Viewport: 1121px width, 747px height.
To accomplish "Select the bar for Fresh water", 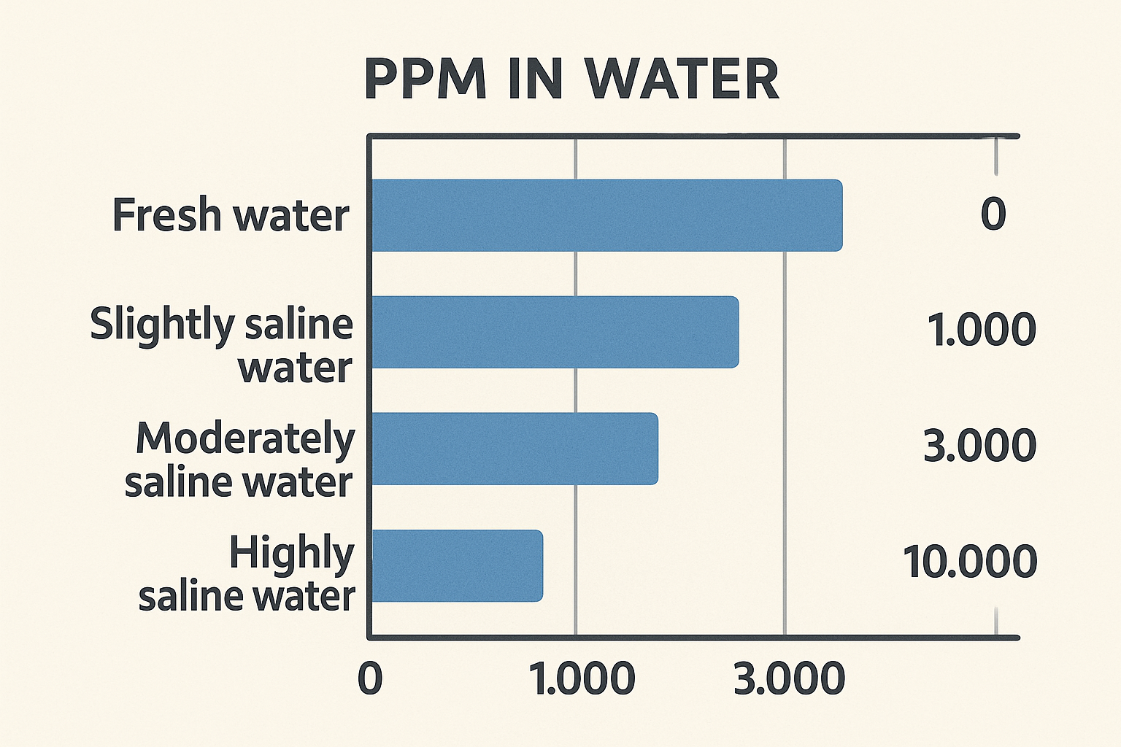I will click(606, 215).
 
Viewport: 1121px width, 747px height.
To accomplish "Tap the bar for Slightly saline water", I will click(555, 332).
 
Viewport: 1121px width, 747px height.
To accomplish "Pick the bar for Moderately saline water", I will click(515, 449).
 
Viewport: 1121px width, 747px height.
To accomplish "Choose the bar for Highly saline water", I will click(457, 565).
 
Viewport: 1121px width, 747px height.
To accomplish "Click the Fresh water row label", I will click(231, 215).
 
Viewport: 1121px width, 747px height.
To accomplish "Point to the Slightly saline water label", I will click(222, 345).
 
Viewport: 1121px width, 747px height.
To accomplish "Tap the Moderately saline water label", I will click(239, 460).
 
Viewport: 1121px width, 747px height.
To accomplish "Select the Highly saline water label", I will click(247, 574).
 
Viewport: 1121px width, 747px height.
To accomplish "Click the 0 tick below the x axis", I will click(370, 678).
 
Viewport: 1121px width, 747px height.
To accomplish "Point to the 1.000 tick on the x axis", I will click(582, 678).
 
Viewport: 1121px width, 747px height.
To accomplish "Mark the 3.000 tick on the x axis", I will click(789, 678).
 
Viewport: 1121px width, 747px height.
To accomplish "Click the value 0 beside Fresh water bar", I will click(993, 214).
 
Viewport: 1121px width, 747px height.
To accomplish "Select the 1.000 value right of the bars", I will click(982, 329).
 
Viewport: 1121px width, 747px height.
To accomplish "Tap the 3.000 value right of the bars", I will click(979, 445).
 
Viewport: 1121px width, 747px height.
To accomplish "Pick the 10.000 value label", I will click(970, 561).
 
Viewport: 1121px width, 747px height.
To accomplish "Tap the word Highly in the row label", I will click(291, 552).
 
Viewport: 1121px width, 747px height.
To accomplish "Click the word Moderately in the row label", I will click(245, 438).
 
